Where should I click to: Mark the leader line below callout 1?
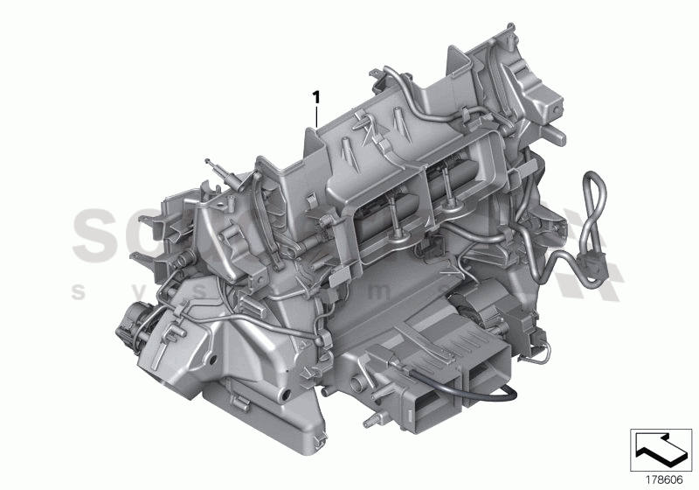316,115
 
